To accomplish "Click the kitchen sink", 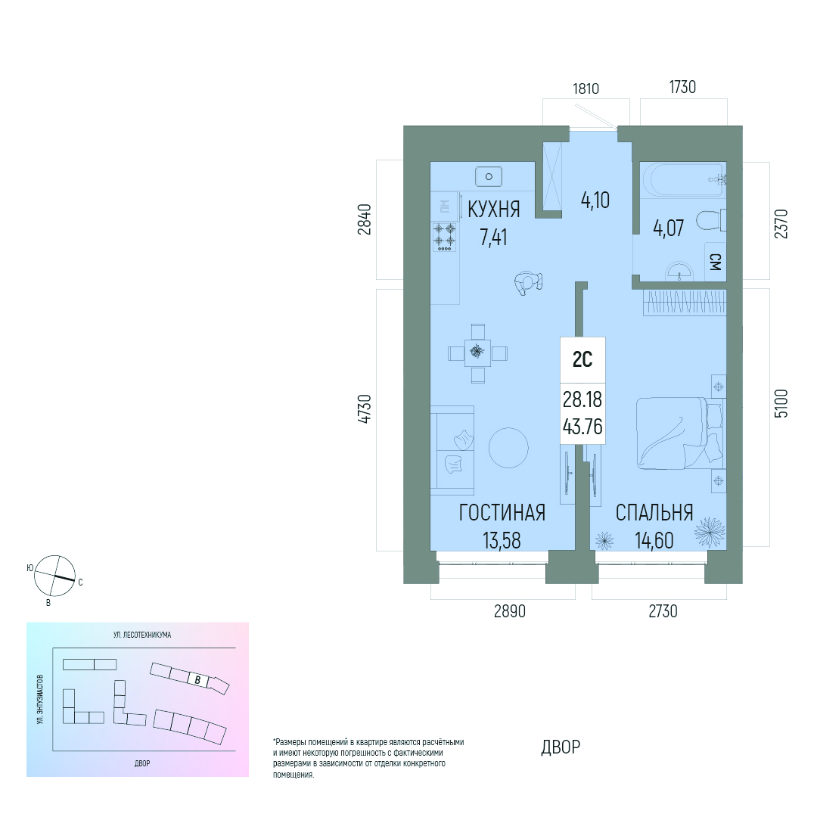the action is [488, 176].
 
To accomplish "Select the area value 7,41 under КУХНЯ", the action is [493, 238].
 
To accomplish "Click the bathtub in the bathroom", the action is [684, 180].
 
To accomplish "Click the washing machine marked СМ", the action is [716, 262].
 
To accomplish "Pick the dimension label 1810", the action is [586, 89].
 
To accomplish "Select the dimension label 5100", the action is [781, 403].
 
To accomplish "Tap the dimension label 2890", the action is [510, 610].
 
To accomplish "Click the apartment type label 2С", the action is [582, 359].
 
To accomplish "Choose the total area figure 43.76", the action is [582, 427].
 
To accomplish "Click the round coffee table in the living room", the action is [508, 448].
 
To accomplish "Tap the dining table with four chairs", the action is [478, 353].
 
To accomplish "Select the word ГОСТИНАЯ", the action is [502, 513].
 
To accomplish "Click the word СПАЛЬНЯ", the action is [654, 513].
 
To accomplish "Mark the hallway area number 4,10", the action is [595, 200].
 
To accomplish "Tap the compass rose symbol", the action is [54, 576].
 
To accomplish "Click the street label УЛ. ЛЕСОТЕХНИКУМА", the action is [142, 635].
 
